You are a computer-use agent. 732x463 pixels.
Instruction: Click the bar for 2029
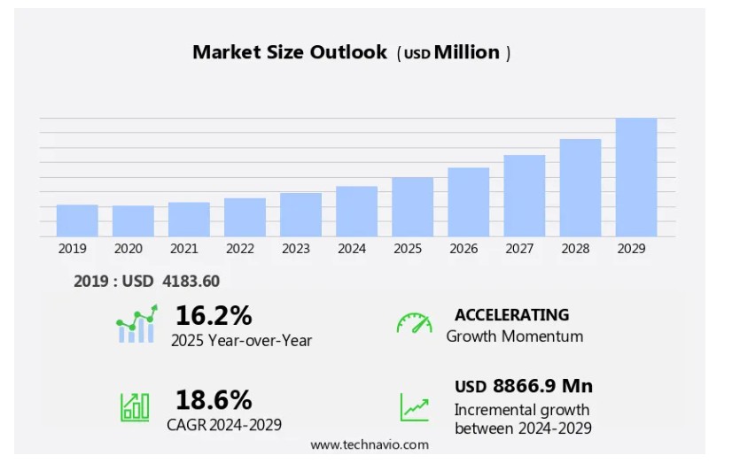pos(635,177)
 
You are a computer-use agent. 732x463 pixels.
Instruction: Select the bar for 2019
pos(77,220)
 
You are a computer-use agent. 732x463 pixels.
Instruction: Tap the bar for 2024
pos(356,211)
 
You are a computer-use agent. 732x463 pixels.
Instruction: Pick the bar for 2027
pos(524,196)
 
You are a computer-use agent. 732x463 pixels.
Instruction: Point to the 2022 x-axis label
pos(239,249)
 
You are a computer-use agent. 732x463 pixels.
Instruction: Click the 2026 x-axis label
pos(463,249)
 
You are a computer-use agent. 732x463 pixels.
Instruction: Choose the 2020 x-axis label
pos(128,249)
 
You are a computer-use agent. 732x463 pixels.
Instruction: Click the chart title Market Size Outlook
pos(290,52)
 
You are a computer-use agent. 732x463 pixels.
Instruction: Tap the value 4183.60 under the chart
pos(191,282)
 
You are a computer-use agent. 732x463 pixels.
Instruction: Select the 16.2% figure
pos(214,315)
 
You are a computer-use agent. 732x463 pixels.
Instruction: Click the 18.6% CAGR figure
pos(214,399)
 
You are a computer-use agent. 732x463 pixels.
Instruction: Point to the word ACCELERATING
pos(511,314)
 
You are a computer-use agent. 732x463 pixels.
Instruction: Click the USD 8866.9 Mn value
pos(523,386)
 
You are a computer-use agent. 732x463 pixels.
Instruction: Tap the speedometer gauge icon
pos(414,323)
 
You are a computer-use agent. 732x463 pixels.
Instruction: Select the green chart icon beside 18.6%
pos(135,406)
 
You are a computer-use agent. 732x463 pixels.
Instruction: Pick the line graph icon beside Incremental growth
pos(414,407)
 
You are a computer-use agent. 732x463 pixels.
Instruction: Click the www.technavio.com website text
pos(369,444)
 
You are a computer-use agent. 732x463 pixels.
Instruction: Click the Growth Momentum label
pos(514,336)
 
